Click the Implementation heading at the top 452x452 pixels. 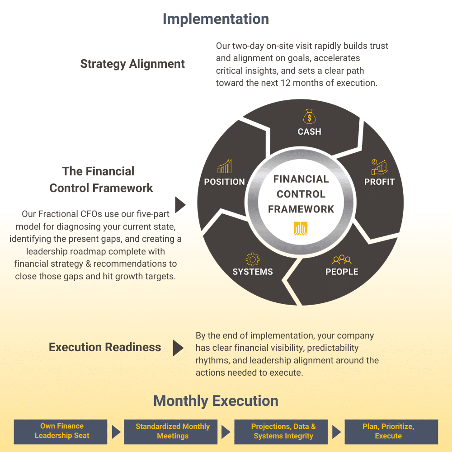click(x=216, y=19)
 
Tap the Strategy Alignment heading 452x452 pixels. click(x=132, y=64)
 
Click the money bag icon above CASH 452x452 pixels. click(x=309, y=116)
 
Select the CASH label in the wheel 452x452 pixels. click(x=309, y=132)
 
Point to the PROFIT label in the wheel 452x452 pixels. click(x=379, y=182)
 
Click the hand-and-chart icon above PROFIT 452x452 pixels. click(x=379, y=167)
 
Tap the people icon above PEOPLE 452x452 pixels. click(x=342, y=259)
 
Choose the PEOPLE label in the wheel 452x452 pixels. click(x=342, y=272)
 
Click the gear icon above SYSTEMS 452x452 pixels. click(x=252, y=259)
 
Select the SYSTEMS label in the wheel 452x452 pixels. click(x=252, y=272)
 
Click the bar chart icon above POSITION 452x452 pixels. click(x=224, y=166)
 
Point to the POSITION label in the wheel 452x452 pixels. click(x=224, y=182)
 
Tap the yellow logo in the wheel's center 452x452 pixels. click(x=301, y=229)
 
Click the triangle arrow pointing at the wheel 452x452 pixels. click(x=180, y=205)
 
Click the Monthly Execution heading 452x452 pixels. click(x=216, y=401)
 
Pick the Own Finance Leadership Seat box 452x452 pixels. click(x=61, y=431)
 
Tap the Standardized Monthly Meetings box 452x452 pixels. click(x=172, y=431)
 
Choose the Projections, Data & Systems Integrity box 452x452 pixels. click(x=283, y=431)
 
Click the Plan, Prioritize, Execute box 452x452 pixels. click(x=391, y=431)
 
